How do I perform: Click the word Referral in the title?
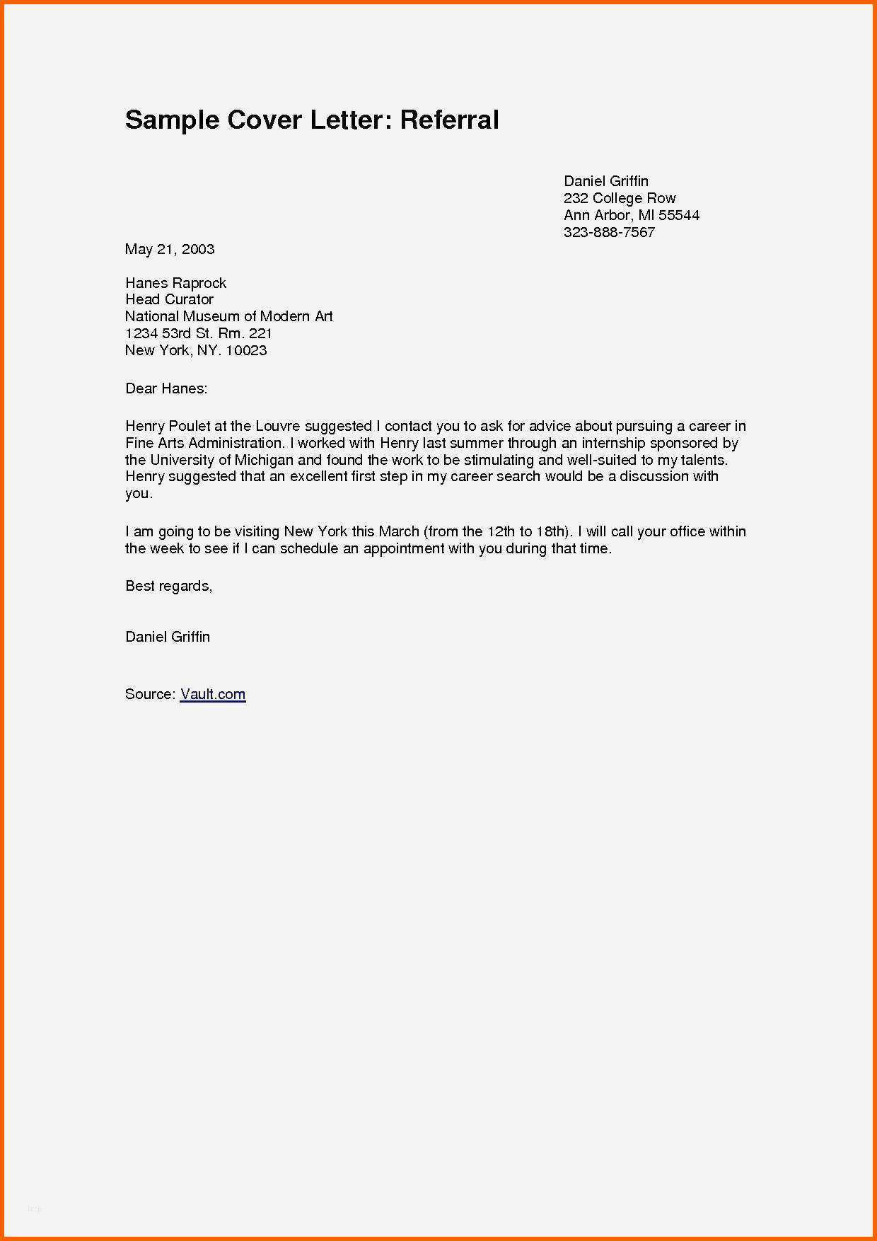(x=449, y=120)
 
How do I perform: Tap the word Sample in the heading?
(x=172, y=120)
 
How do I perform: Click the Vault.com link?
(x=213, y=694)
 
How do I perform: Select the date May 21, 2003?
(x=170, y=249)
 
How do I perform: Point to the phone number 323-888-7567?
(x=609, y=232)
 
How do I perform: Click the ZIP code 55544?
(x=679, y=215)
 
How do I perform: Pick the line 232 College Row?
(x=620, y=198)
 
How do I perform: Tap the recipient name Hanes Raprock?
(x=175, y=283)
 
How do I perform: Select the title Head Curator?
(x=169, y=299)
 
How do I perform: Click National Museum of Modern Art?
(x=228, y=316)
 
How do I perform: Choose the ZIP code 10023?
(x=246, y=350)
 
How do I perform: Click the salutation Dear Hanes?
(x=166, y=388)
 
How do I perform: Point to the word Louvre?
(x=278, y=426)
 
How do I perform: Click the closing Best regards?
(x=168, y=586)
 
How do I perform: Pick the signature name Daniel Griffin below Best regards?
(x=168, y=637)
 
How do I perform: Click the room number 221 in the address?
(x=260, y=333)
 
